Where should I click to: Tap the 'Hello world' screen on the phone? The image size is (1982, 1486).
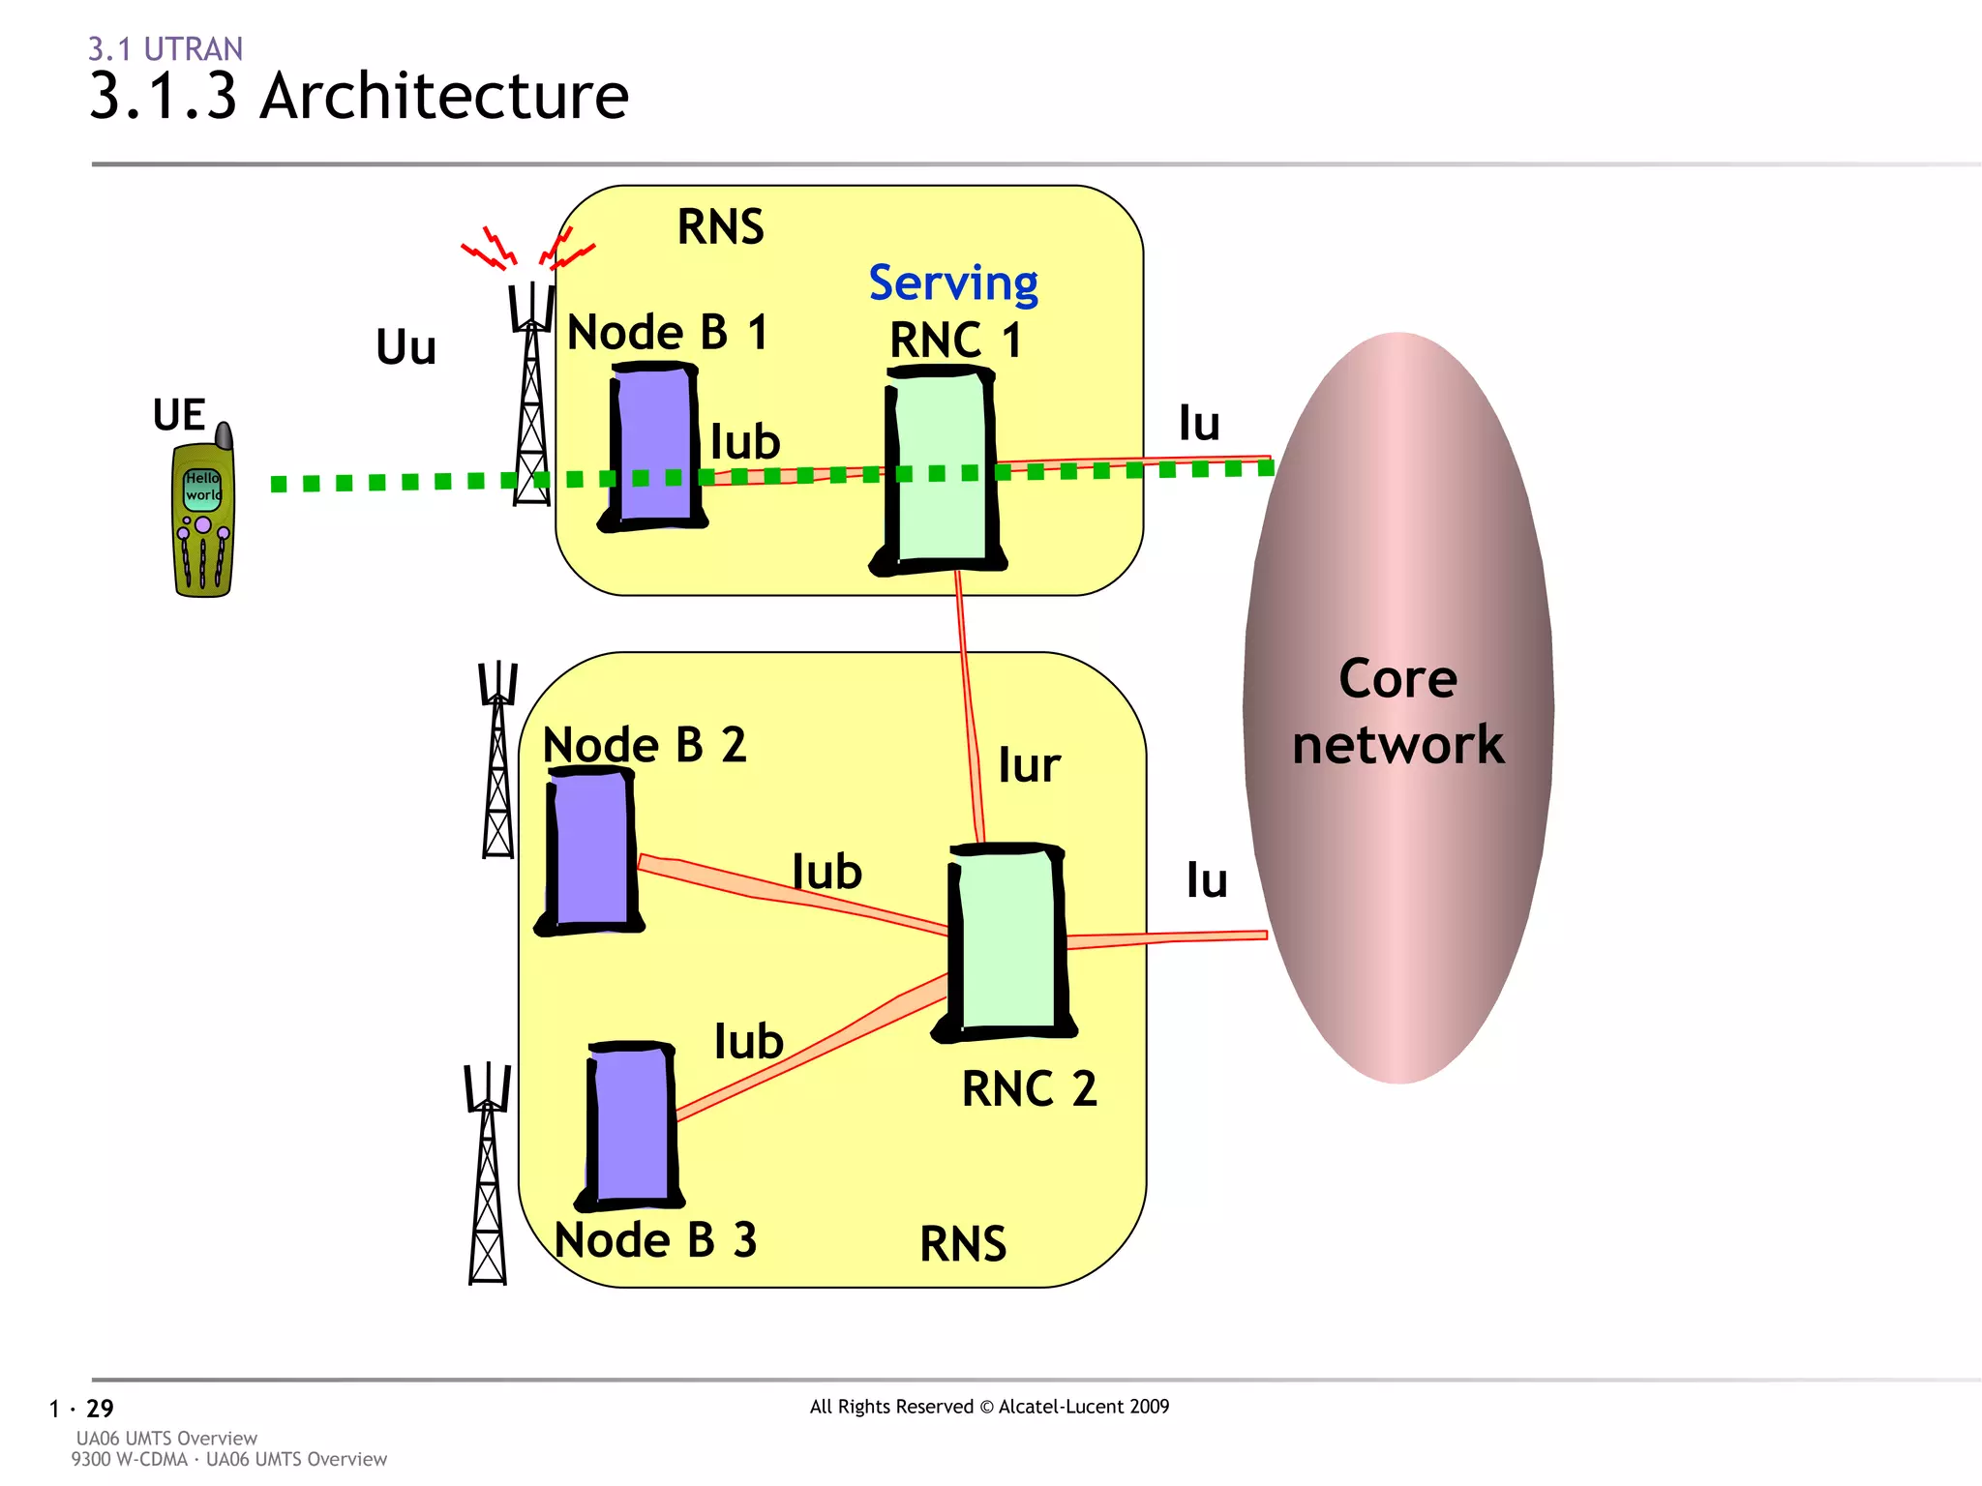coord(202,488)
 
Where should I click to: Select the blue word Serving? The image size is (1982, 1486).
coord(952,283)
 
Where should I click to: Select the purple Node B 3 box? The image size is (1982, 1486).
coord(631,1127)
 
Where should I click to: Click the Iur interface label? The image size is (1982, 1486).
coord(1029,765)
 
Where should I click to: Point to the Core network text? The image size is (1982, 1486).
coord(1397,711)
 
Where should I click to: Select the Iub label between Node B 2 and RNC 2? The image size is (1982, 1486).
coord(826,872)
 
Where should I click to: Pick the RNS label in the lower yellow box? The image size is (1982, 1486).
coord(962,1244)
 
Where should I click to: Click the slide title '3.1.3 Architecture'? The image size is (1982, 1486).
coord(359,96)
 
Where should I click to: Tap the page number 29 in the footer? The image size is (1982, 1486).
coord(100,1409)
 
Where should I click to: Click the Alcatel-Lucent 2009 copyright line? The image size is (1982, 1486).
coord(989,1407)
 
